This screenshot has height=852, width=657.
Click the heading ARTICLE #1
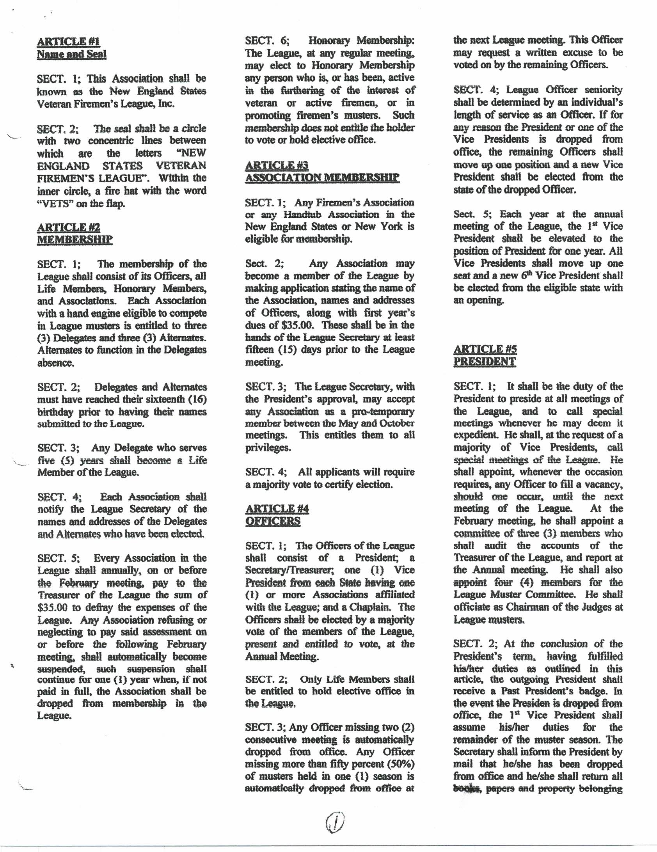(x=69, y=41)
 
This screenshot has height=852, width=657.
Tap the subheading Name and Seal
(x=71, y=54)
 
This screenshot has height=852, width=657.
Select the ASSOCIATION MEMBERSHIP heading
(x=322, y=178)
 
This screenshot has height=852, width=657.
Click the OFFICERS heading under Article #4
(x=273, y=521)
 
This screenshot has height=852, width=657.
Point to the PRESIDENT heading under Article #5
(x=484, y=362)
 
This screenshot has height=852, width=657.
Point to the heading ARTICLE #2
(x=69, y=227)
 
